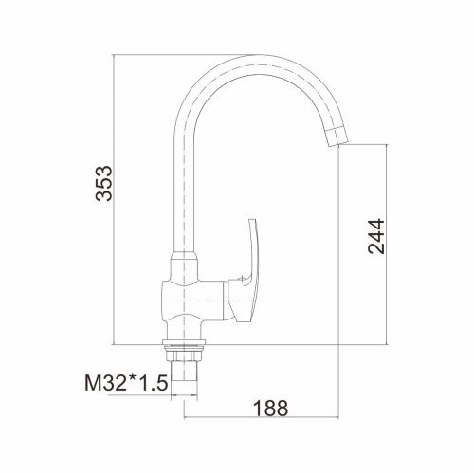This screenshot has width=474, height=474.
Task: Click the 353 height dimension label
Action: coord(103,183)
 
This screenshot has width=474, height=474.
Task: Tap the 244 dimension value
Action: coord(376,236)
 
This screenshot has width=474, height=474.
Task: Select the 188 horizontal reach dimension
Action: coord(271,408)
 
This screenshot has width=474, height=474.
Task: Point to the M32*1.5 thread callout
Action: coord(126,383)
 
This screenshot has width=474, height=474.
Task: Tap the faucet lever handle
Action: coord(248,272)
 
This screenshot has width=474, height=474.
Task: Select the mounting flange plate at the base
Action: coord(184,342)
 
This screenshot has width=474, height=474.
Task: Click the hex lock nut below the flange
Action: coord(184,355)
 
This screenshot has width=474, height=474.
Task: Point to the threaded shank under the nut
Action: coord(184,377)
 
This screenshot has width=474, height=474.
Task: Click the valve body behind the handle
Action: coord(192,300)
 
